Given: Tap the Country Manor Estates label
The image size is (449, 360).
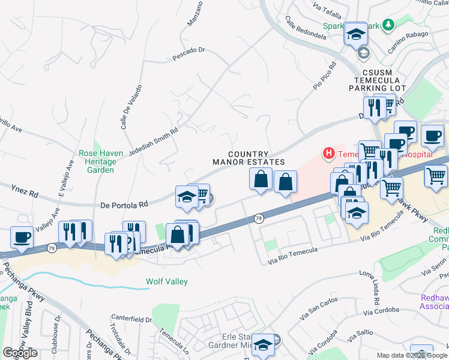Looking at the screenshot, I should coord(249,158).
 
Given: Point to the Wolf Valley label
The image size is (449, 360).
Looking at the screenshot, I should coord(167,281).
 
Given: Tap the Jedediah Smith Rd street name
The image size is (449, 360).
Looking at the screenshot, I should coord(153,139).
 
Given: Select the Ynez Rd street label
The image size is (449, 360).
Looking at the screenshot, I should coord(25,191).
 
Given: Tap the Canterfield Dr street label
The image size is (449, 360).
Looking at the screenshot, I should coord(132,319).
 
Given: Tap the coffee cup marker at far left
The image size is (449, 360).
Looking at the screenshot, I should coord(22,237).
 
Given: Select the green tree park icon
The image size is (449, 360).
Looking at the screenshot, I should coord(388,24).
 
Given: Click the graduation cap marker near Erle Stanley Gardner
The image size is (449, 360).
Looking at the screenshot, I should coord(262,346).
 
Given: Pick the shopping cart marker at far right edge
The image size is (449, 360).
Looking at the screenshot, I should coord(436,175).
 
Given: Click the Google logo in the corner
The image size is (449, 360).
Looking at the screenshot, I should coord(20,352).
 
